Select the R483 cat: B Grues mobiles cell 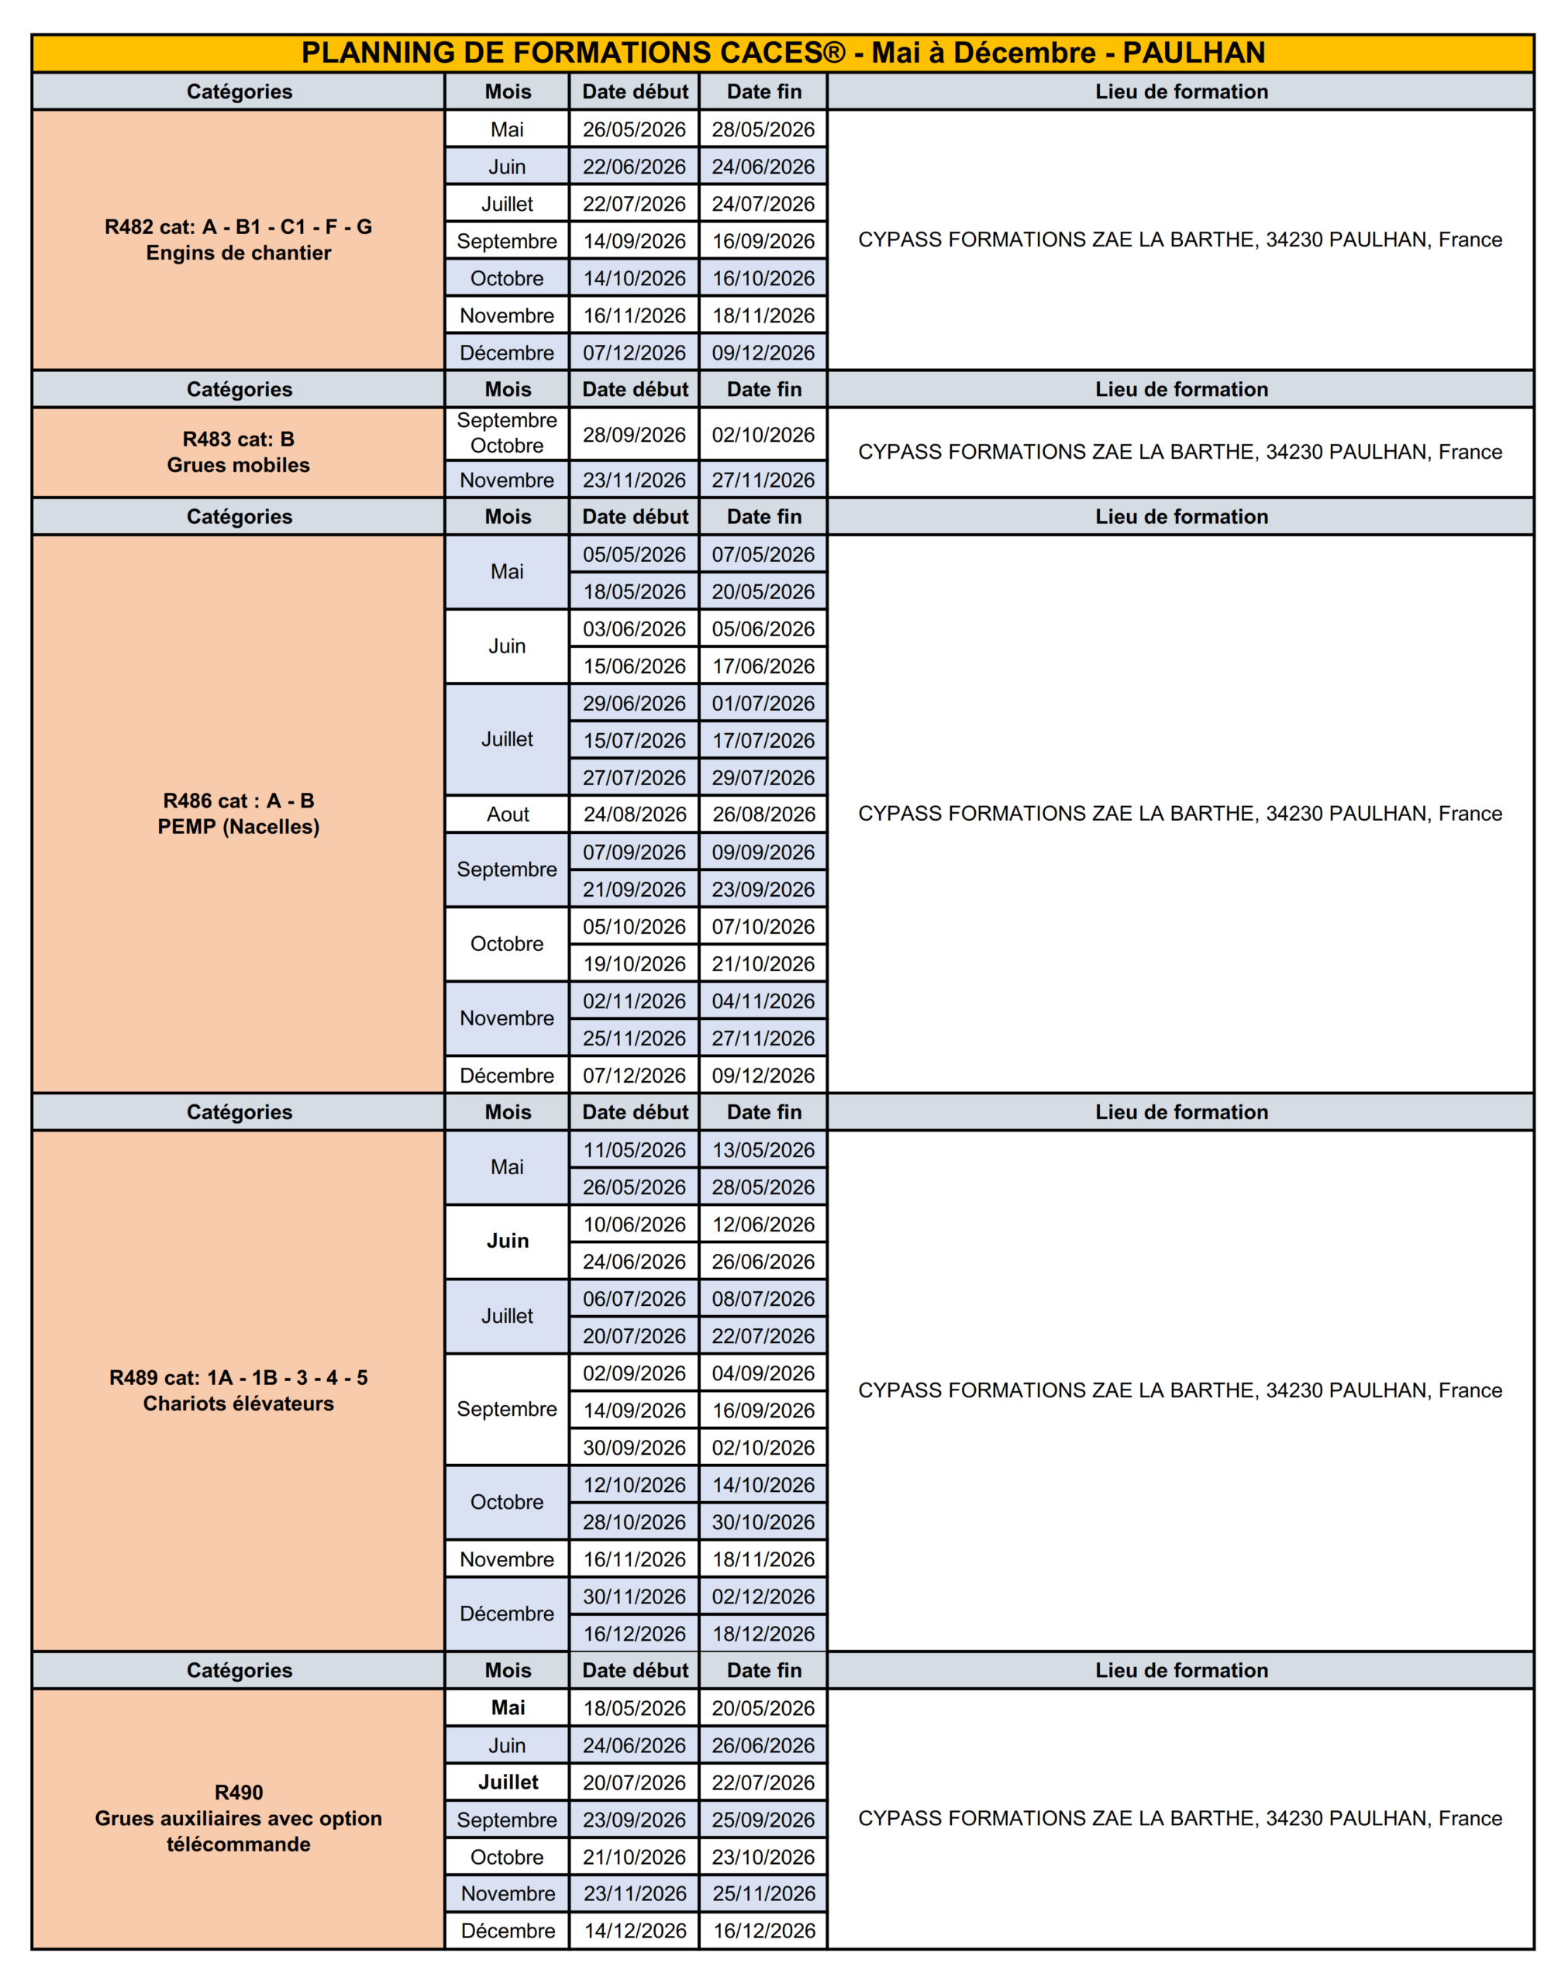tap(238, 453)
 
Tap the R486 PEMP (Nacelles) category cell tap(238, 814)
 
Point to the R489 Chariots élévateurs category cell tap(238, 1390)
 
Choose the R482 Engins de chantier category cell tap(238, 240)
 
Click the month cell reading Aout tap(508, 815)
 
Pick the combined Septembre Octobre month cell tap(507, 433)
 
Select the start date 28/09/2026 tap(634, 435)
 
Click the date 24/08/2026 tap(634, 815)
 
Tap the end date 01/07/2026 tap(764, 704)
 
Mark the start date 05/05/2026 tap(634, 554)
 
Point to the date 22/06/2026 tap(634, 167)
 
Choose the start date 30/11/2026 tap(634, 1596)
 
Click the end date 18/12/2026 tap(764, 1634)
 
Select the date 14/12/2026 tap(635, 1931)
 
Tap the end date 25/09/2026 tap(764, 1820)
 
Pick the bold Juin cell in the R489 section tap(508, 1241)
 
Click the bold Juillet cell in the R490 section tap(508, 1782)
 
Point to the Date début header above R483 tap(635, 389)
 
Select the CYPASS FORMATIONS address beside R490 tap(1181, 1818)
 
